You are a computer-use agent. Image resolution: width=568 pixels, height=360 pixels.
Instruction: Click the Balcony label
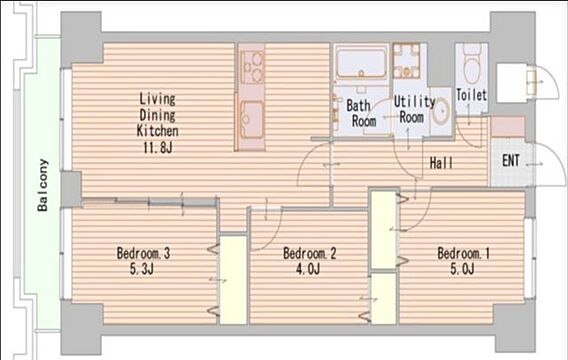(43, 185)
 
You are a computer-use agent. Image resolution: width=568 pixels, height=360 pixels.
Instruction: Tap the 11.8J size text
(157, 148)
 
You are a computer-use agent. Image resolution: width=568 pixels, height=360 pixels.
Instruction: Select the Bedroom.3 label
(143, 253)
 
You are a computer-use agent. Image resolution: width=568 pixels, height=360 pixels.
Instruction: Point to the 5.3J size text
(142, 269)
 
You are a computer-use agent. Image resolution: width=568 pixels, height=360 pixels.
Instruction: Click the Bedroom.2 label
(310, 253)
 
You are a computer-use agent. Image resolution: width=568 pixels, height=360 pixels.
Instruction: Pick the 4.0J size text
(308, 269)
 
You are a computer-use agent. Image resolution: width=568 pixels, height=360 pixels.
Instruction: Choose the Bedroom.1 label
(464, 253)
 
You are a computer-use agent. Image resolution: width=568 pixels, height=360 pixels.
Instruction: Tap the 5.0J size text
(462, 269)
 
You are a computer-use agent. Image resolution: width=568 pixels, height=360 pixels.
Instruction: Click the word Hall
(441, 163)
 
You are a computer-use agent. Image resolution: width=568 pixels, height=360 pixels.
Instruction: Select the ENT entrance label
(511, 160)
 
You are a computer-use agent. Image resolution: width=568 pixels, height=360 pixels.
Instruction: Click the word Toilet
(471, 95)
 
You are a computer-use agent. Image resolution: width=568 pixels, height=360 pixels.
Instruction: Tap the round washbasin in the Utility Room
(441, 112)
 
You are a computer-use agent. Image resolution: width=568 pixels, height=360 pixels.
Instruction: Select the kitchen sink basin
(252, 120)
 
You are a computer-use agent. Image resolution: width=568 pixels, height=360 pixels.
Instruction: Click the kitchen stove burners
(252, 67)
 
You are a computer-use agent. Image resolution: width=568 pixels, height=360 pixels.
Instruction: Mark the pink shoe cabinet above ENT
(508, 126)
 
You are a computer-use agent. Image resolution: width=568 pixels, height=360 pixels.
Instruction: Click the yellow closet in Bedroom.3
(234, 280)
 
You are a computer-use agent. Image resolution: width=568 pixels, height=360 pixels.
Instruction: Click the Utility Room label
(414, 110)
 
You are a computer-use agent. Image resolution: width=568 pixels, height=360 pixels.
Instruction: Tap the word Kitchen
(158, 131)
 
